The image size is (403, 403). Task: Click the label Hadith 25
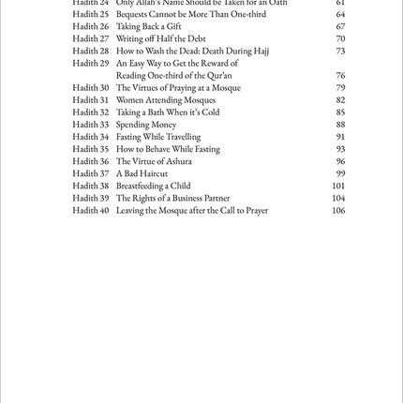pos(91,15)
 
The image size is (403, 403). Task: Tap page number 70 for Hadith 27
pos(340,39)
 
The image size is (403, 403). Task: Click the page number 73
pos(340,52)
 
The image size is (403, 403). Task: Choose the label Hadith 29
pos(91,64)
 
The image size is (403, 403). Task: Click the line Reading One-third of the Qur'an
pos(173,76)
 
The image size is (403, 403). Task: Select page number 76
pos(340,76)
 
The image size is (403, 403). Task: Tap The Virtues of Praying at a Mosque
pos(178,88)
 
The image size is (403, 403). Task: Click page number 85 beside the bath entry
pos(340,112)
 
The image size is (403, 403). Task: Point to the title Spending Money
pos(145,125)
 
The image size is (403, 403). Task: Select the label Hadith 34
pos(91,137)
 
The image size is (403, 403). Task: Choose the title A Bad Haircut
pos(142,173)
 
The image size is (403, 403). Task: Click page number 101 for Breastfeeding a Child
pos(338,186)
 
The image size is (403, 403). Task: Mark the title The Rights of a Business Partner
pos(172,198)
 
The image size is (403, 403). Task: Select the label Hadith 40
pos(91,210)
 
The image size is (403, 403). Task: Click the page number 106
pos(338,210)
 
